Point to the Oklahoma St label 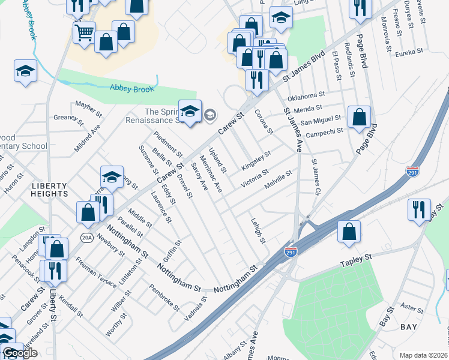306,95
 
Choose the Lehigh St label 258,230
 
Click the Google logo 20,353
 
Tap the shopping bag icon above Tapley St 349,232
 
